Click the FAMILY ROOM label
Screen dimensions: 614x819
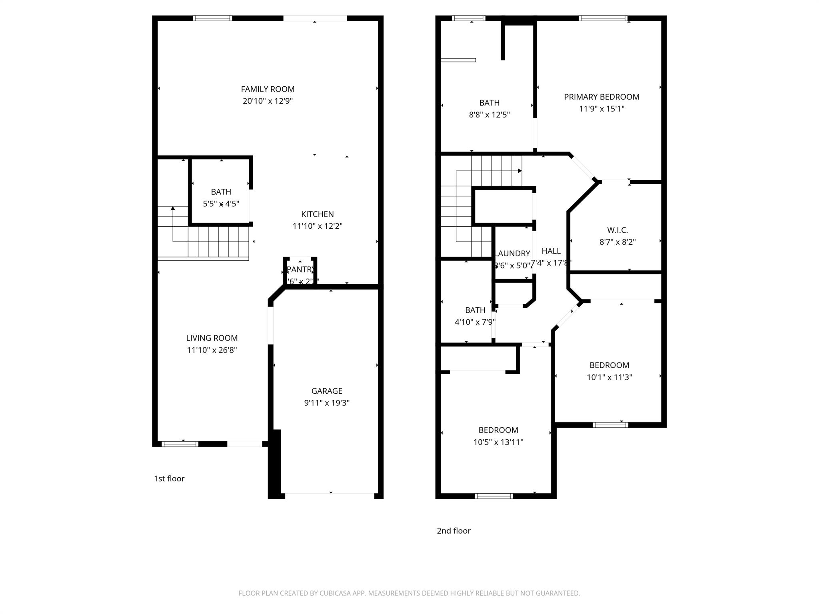point(268,89)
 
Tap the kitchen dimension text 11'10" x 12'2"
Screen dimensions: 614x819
point(318,226)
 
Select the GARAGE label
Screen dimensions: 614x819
point(327,391)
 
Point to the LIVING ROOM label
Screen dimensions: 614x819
point(212,338)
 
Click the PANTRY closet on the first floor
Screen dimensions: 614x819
point(300,272)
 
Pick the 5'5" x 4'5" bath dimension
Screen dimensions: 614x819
point(221,204)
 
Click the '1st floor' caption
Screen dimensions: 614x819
point(169,478)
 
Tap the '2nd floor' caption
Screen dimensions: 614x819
point(453,531)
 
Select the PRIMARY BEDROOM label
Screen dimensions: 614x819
point(601,97)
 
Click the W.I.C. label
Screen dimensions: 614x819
point(617,230)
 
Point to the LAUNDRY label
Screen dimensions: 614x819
point(512,253)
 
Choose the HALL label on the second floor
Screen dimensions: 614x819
point(551,251)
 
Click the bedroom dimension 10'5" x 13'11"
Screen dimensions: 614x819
point(498,442)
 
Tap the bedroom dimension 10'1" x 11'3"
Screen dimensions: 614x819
point(609,377)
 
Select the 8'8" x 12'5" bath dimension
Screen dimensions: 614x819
point(489,115)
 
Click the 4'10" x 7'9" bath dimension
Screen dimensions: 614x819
point(475,322)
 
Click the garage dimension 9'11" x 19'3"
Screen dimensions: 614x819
point(327,403)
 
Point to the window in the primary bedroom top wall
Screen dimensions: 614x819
point(603,18)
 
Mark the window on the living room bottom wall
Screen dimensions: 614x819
point(180,444)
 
